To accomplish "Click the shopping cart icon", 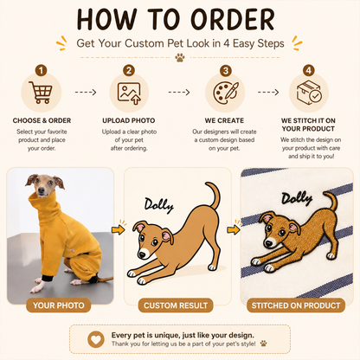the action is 41,92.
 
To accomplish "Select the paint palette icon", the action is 226,93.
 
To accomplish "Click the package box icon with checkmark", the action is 309,92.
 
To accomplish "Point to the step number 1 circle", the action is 41,70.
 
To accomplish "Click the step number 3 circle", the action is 226,70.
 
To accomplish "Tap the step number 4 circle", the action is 309,70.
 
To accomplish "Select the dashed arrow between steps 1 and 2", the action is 86,93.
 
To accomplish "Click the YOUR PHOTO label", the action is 59,305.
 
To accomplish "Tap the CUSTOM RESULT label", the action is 176,305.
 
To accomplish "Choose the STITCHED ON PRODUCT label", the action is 296,305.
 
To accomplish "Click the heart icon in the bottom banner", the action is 96,339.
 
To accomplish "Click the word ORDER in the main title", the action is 233,19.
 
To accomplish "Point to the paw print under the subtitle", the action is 180,57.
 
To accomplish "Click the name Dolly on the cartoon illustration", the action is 159,205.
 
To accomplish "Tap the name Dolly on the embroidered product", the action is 297,199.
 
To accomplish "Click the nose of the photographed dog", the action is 42,190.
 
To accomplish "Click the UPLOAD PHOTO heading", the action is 129,120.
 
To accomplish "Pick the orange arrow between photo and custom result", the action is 119,229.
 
